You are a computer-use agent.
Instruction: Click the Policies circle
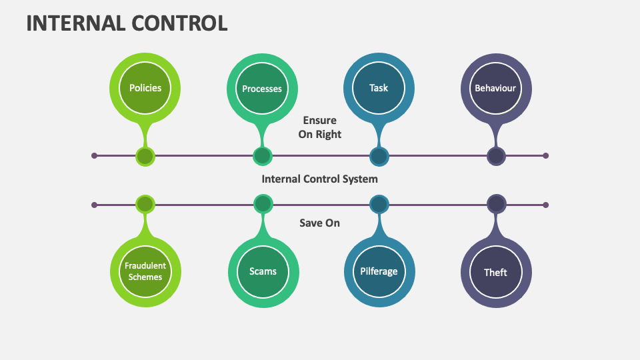tap(145, 88)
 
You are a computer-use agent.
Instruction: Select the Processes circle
tap(262, 89)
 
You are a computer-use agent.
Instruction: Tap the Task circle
tap(379, 88)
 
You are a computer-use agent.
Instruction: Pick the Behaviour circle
tap(495, 88)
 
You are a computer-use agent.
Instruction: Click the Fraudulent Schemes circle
tap(145, 271)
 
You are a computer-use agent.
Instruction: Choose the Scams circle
tap(263, 271)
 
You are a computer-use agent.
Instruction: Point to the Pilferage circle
tap(379, 271)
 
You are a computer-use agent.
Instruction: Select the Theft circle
tap(495, 272)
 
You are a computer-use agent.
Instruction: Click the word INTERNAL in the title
tap(74, 23)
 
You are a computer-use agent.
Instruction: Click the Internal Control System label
tap(319, 179)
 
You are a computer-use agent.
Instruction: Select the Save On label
tap(319, 223)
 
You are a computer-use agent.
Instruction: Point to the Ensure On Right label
tap(319, 127)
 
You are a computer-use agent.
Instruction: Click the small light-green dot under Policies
tap(145, 156)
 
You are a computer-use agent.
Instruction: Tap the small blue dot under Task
tap(379, 156)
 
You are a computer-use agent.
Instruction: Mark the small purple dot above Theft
tap(495, 204)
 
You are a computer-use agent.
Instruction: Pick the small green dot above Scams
tap(263, 204)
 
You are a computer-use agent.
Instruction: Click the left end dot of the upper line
tap(94, 156)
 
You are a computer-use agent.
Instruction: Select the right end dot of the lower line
tap(545, 205)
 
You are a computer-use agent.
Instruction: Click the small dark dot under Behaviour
tap(495, 156)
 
